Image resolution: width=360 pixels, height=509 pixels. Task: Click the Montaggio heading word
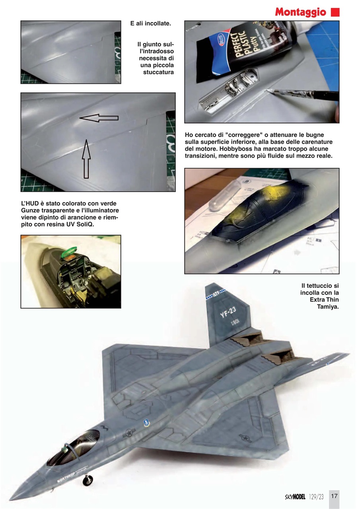tap(300, 12)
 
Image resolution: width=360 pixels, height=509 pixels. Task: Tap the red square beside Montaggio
tap(335, 12)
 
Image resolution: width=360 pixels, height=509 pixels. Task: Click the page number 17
tap(334, 496)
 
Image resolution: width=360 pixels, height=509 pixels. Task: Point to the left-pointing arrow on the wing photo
tap(99, 118)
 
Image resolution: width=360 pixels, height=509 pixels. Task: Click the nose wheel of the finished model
tap(88, 481)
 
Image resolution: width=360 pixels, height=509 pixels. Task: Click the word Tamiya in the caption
tap(328, 306)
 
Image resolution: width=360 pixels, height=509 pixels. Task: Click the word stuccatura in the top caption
tap(158, 72)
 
